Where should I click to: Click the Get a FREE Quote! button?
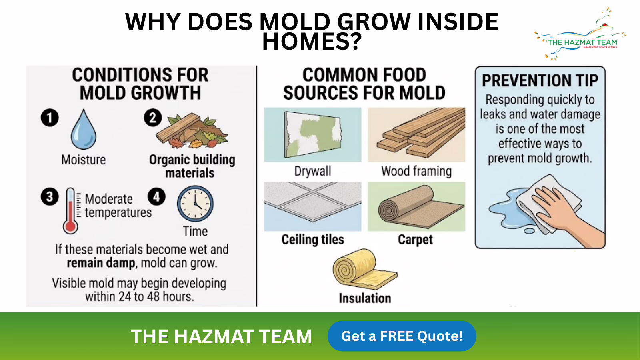402,336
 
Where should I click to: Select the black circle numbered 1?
50,118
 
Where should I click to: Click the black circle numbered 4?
156,196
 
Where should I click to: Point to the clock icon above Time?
195,204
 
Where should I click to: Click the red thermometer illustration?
70,211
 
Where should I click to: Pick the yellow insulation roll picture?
365,269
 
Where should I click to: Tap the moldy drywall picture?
313,134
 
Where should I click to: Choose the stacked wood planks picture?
416,134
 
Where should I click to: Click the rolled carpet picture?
416,206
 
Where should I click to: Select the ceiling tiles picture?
313,206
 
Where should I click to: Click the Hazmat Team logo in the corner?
580,34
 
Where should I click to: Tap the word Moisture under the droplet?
84,160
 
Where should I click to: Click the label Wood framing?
416,171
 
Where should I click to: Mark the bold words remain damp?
101,263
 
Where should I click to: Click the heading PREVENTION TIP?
540,80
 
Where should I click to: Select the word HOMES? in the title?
312,42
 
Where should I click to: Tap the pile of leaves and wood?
192,131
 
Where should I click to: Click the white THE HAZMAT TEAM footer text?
221,336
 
